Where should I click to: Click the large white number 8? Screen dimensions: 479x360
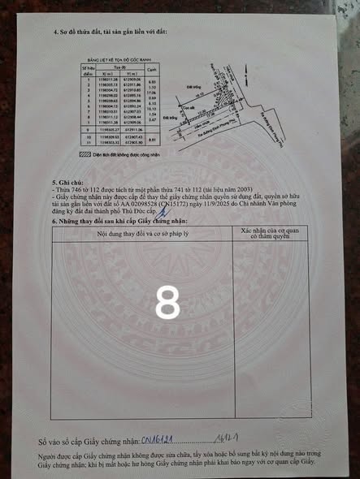(168, 305)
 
